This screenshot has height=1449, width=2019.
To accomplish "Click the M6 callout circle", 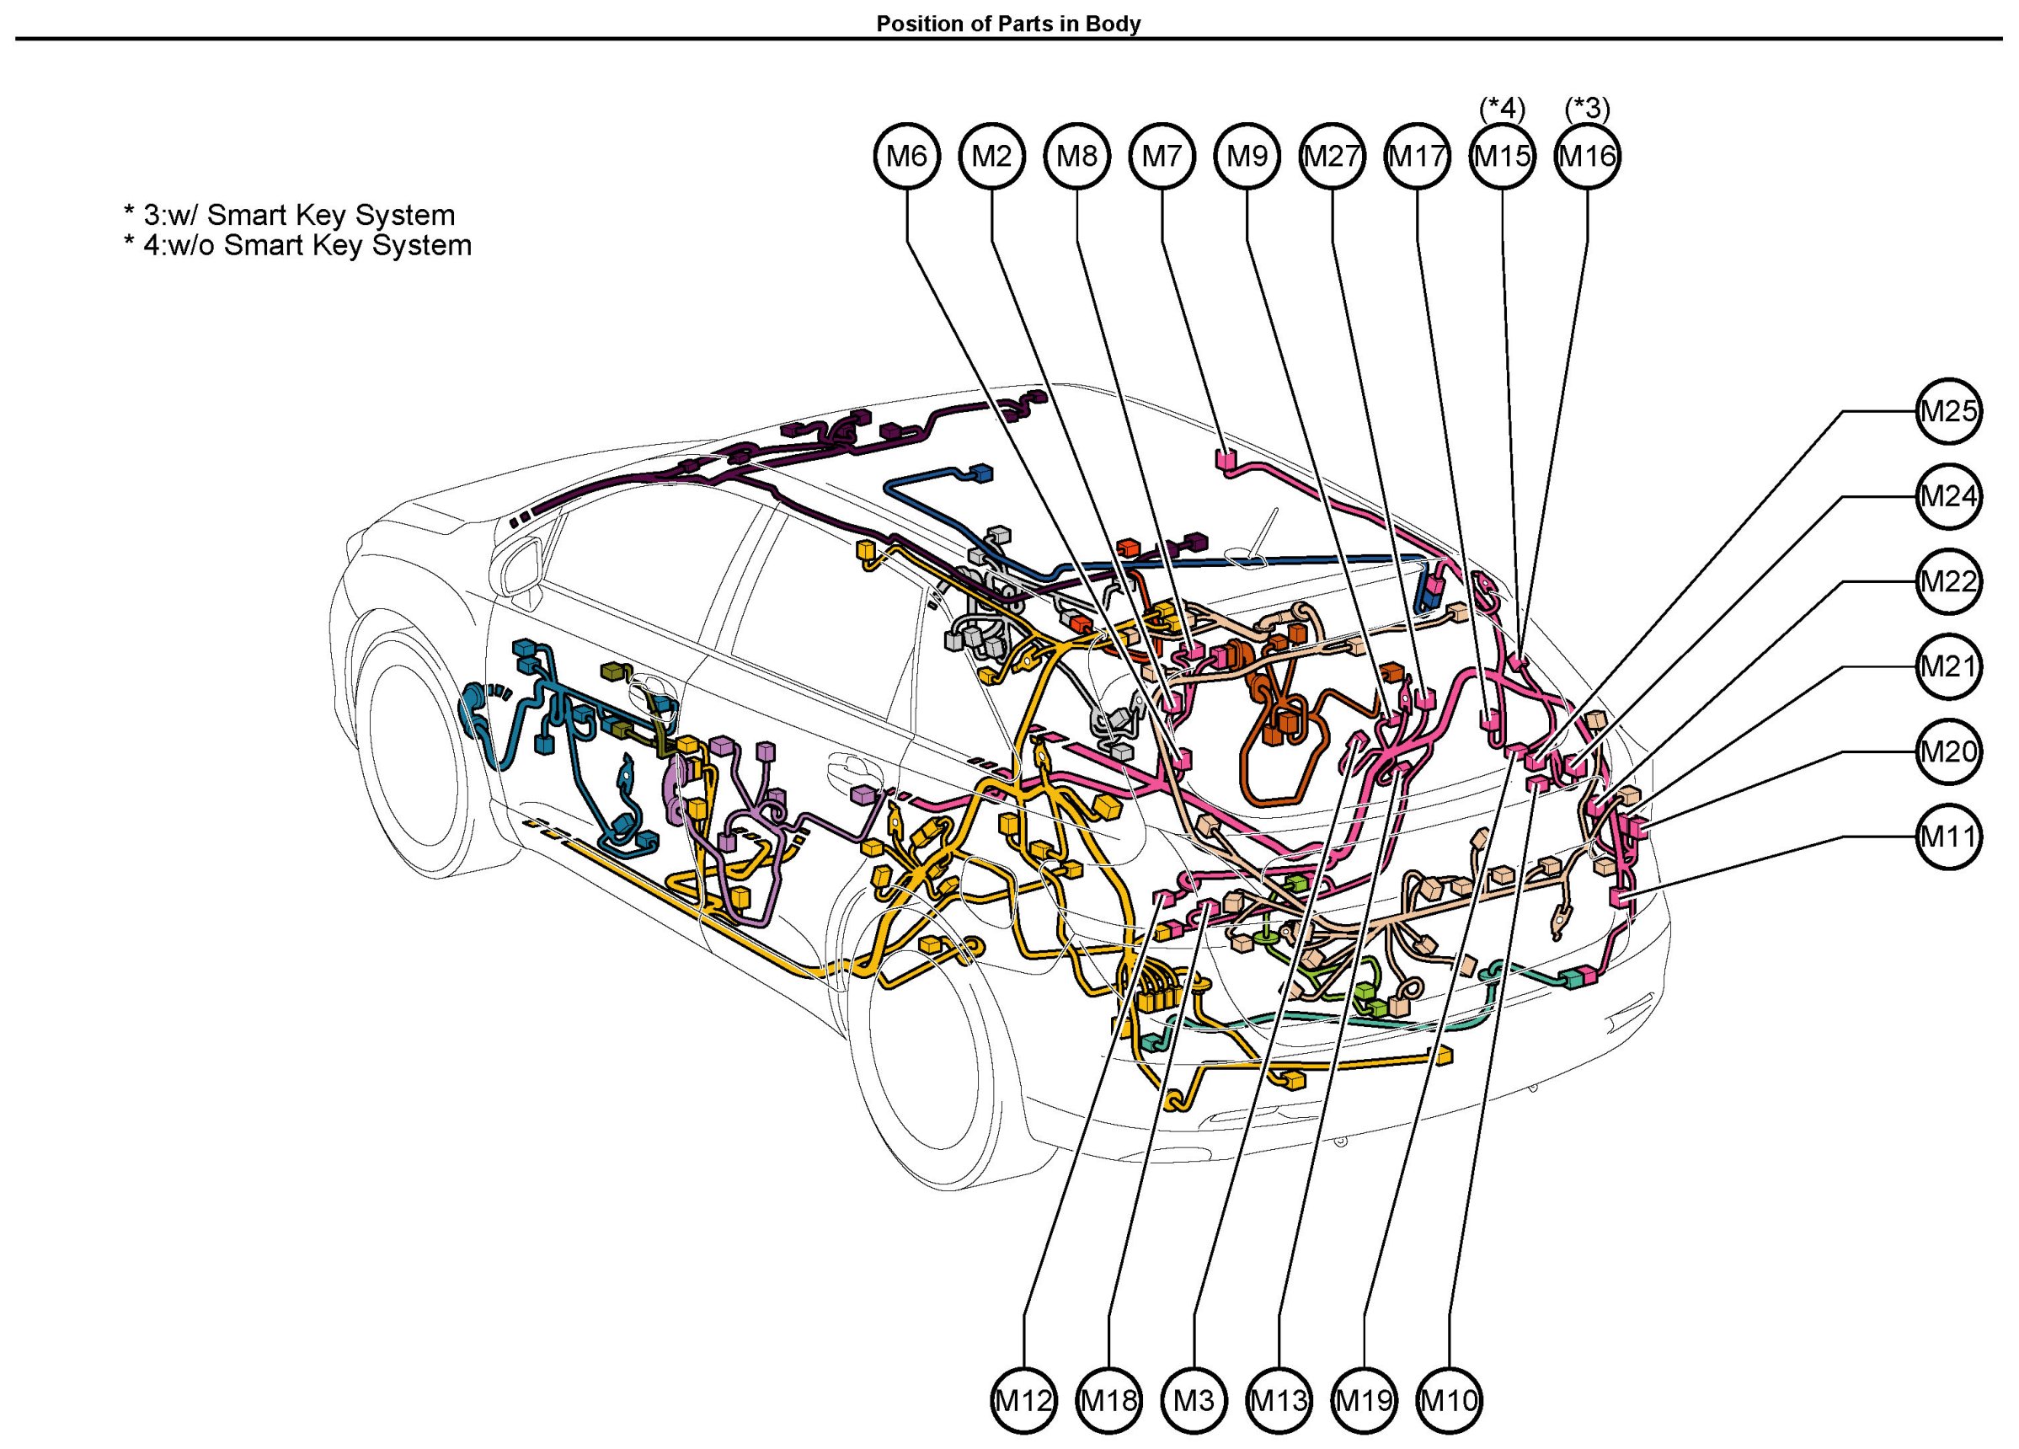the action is [x=906, y=157].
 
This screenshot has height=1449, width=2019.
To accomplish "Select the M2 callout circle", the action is [x=991, y=157].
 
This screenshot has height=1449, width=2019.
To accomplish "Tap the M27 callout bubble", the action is [x=1333, y=157].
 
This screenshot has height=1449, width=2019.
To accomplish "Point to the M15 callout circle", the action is [x=1503, y=157].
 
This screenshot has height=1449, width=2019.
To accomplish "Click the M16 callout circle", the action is [x=1588, y=157].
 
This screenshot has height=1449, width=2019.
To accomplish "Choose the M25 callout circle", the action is [x=1949, y=411].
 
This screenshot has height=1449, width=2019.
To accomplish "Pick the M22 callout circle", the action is [x=1949, y=581].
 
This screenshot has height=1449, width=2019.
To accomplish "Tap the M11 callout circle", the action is [x=1949, y=837].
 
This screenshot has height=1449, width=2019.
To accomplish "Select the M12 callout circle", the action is [x=1023, y=1401].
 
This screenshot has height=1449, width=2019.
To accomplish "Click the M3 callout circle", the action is [x=1194, y=1401].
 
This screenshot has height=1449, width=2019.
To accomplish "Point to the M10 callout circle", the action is [x=1450, y=1401].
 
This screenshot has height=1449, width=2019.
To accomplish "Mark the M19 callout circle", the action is [x=1365, y=1401].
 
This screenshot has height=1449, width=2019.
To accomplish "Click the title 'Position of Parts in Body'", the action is [x=1008, y=24].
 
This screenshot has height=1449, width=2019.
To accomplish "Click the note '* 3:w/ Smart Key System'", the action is [x=289, y=215].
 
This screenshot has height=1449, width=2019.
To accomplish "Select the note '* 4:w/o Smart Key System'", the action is [x=297, y=245].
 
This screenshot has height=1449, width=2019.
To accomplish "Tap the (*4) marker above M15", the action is [x=1503, y=109].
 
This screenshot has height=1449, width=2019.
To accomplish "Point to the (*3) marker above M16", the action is [x=1588, y=109].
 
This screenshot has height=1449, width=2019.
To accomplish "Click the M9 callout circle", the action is [x=1247, y=157].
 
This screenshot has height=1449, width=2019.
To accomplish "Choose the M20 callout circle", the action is [x=1949, y=751].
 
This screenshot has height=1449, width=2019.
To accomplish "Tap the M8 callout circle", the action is [x=1077, y=157].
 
